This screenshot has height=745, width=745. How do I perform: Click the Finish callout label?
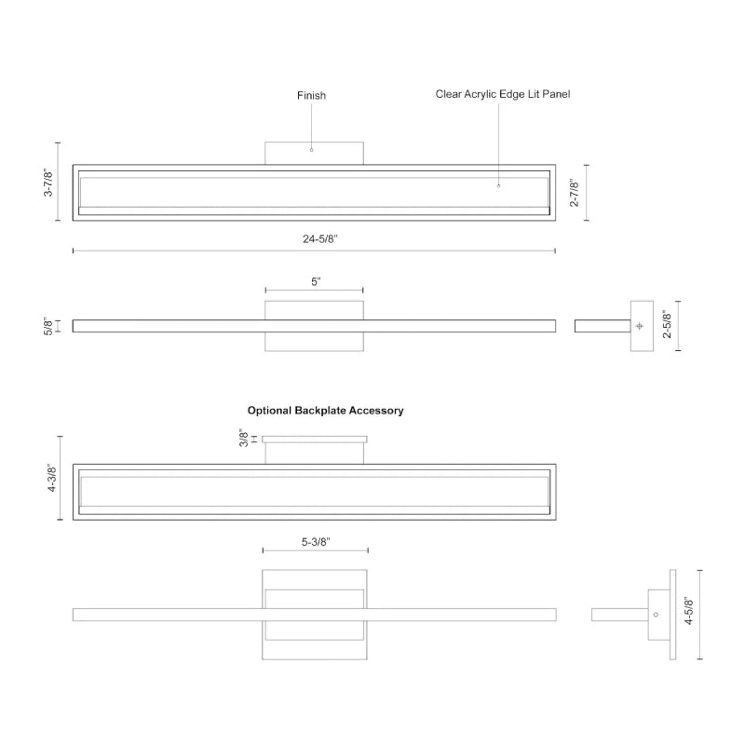(311, 95)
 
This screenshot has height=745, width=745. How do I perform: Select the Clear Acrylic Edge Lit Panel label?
(503, 94)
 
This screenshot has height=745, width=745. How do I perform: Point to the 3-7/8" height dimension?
(49, 182)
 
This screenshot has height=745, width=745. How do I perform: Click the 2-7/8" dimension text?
(575, 193)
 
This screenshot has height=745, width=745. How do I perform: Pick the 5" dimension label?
(315, 280)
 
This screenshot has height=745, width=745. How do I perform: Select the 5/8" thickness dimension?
(47, 326)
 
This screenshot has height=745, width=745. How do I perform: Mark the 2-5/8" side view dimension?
(666, 325)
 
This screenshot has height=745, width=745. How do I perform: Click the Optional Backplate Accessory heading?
(325, 410)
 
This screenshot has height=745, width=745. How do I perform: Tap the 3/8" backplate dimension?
(242, 438)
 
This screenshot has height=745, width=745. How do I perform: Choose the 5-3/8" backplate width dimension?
(316, 540)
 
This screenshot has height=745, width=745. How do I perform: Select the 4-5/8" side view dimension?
(688, 614)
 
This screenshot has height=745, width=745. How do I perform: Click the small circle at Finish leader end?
(311, 149)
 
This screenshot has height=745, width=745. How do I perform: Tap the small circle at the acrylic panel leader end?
(498, 185)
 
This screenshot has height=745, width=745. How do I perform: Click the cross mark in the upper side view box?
(639, 326)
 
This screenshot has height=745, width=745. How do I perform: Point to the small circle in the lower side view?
(657, 615)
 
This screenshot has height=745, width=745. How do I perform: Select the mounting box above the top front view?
(314, 154)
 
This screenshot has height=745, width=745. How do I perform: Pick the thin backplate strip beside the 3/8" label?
(314, 439)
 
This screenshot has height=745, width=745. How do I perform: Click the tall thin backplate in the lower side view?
(672, 614)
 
